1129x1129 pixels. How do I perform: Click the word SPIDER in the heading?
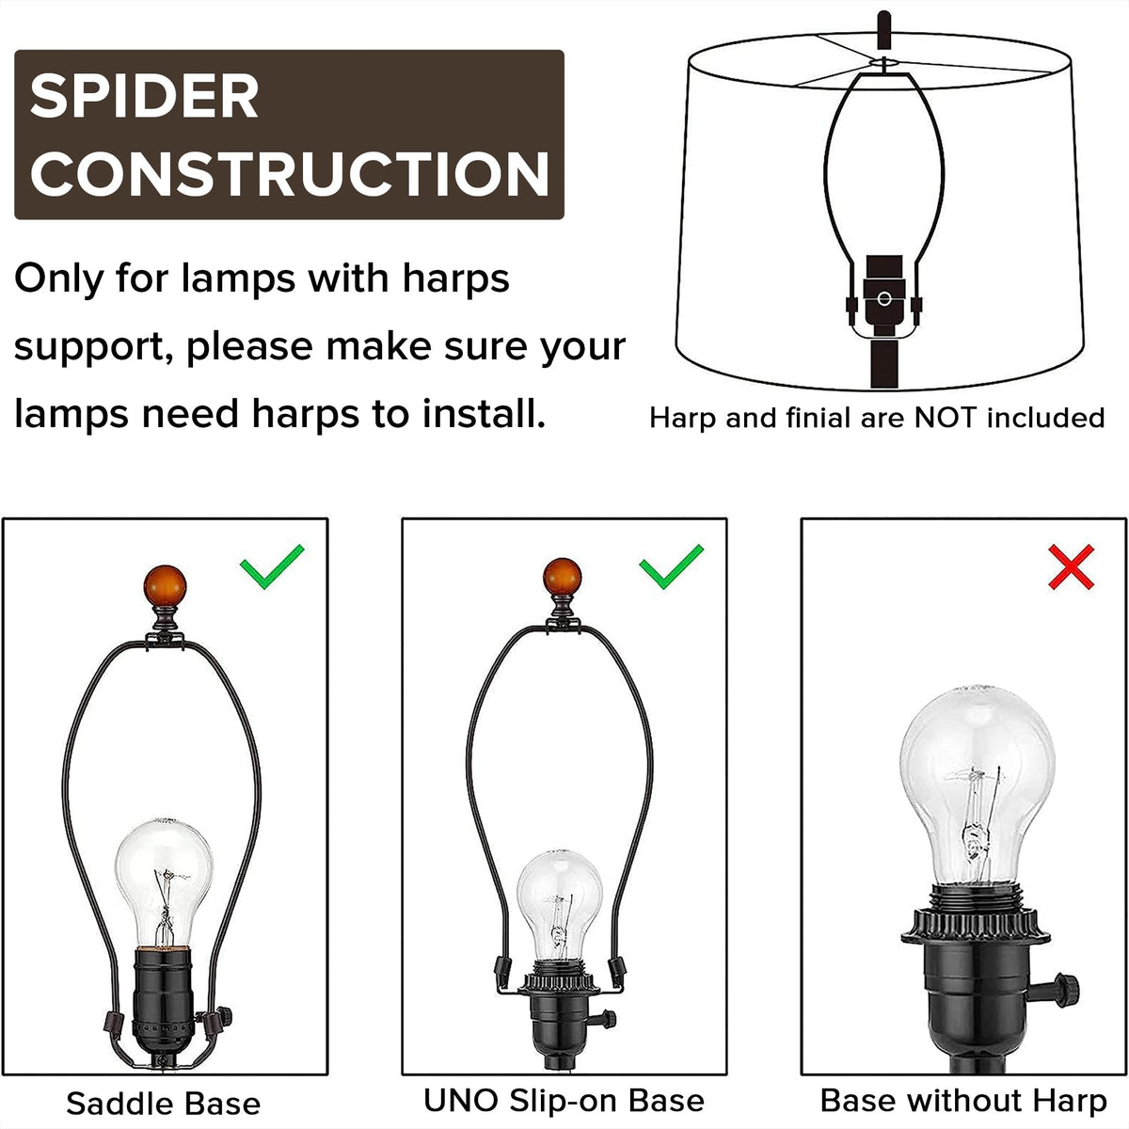point(144,96)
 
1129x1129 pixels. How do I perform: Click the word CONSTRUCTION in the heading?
point(290,173)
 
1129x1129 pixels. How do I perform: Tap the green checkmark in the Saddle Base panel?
point(271,566)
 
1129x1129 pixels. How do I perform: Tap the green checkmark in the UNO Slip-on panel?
point(671,566)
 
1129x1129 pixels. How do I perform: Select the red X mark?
point(1071,566)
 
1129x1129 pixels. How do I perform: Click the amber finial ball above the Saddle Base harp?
point(165,586)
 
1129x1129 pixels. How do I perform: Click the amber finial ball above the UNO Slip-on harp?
point(562,578)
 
